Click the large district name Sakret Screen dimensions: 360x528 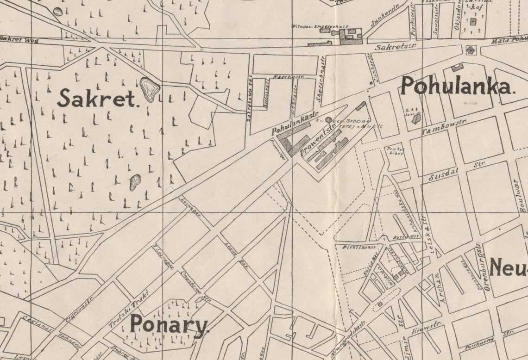[98, 99]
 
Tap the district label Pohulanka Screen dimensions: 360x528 [457, 87]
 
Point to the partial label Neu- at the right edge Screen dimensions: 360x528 [508, 267]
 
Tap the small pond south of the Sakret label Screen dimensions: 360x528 [135, 182]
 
